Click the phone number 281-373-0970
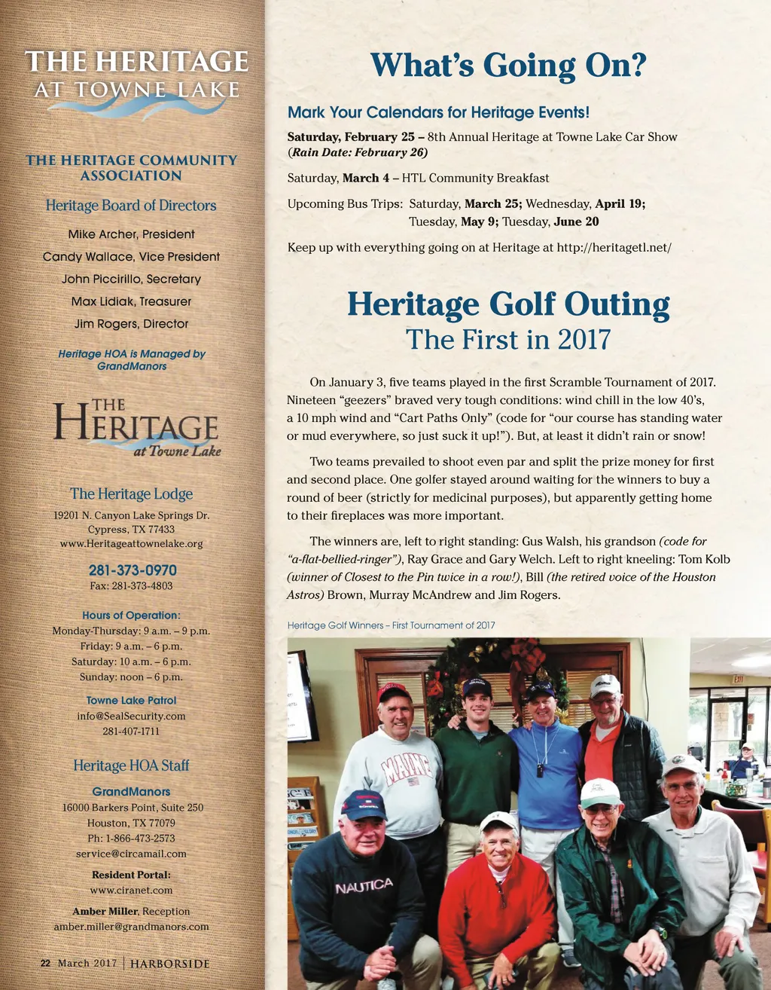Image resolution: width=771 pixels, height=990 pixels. click(x=132, y=570)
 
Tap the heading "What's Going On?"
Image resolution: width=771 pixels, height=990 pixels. click(x=508, y=66)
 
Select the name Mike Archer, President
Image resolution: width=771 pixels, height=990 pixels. click(x=131, y=234)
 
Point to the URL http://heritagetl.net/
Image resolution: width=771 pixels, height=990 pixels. click(x=614, y=247)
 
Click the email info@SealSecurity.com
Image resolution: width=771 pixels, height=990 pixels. click(x=131, y=716)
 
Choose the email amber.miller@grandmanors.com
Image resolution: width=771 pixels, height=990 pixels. click(x=131, y=926)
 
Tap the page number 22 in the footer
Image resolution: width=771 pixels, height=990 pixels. click(x=45, y=964)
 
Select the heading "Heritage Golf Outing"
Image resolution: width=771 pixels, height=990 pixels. click(x=508, y=305)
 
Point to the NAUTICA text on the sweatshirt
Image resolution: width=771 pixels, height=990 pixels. click(x=364, y=886)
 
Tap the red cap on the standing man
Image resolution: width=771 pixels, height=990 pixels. click(x=393, y=691)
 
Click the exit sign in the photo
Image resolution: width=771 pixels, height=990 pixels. click(x=739, y=679)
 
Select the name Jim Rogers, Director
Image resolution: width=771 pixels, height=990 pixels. click(x=131, y=324)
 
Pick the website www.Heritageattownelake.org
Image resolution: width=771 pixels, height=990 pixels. click(x=131, y=543)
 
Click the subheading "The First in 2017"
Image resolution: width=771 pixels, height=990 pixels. click(x=508, y=340)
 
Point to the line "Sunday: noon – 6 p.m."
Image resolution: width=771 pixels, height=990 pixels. click(x=131, y=677)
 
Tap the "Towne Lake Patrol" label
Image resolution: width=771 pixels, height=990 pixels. click(x=131, y=700)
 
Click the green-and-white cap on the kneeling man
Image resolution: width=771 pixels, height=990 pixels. click(x=601, y=793)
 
